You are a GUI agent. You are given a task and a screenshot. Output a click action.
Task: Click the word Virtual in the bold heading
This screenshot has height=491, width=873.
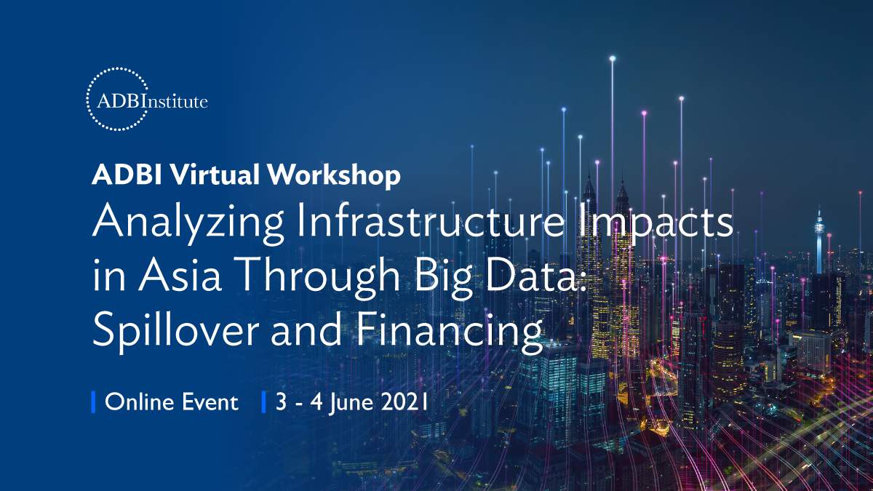(x=215, y=174)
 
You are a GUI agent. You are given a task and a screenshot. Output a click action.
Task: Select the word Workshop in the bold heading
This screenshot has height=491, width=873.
(x=334, y=176)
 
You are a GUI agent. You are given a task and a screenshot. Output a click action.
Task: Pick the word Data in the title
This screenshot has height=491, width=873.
(x=531, y=274)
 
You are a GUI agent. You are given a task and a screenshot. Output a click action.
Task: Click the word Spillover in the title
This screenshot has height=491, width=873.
(x=176, y=330)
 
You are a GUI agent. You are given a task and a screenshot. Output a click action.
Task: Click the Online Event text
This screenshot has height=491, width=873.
(x=172, y=402)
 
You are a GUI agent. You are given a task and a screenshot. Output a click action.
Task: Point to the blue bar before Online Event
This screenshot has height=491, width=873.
(x=93, y=402)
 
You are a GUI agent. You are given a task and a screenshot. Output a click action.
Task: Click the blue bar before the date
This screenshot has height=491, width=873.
(x=264, y=402)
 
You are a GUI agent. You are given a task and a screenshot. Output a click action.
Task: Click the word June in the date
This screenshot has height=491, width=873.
(x=351, y=403)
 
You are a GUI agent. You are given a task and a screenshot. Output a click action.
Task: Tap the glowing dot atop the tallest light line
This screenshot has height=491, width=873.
(x=613, y=58)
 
